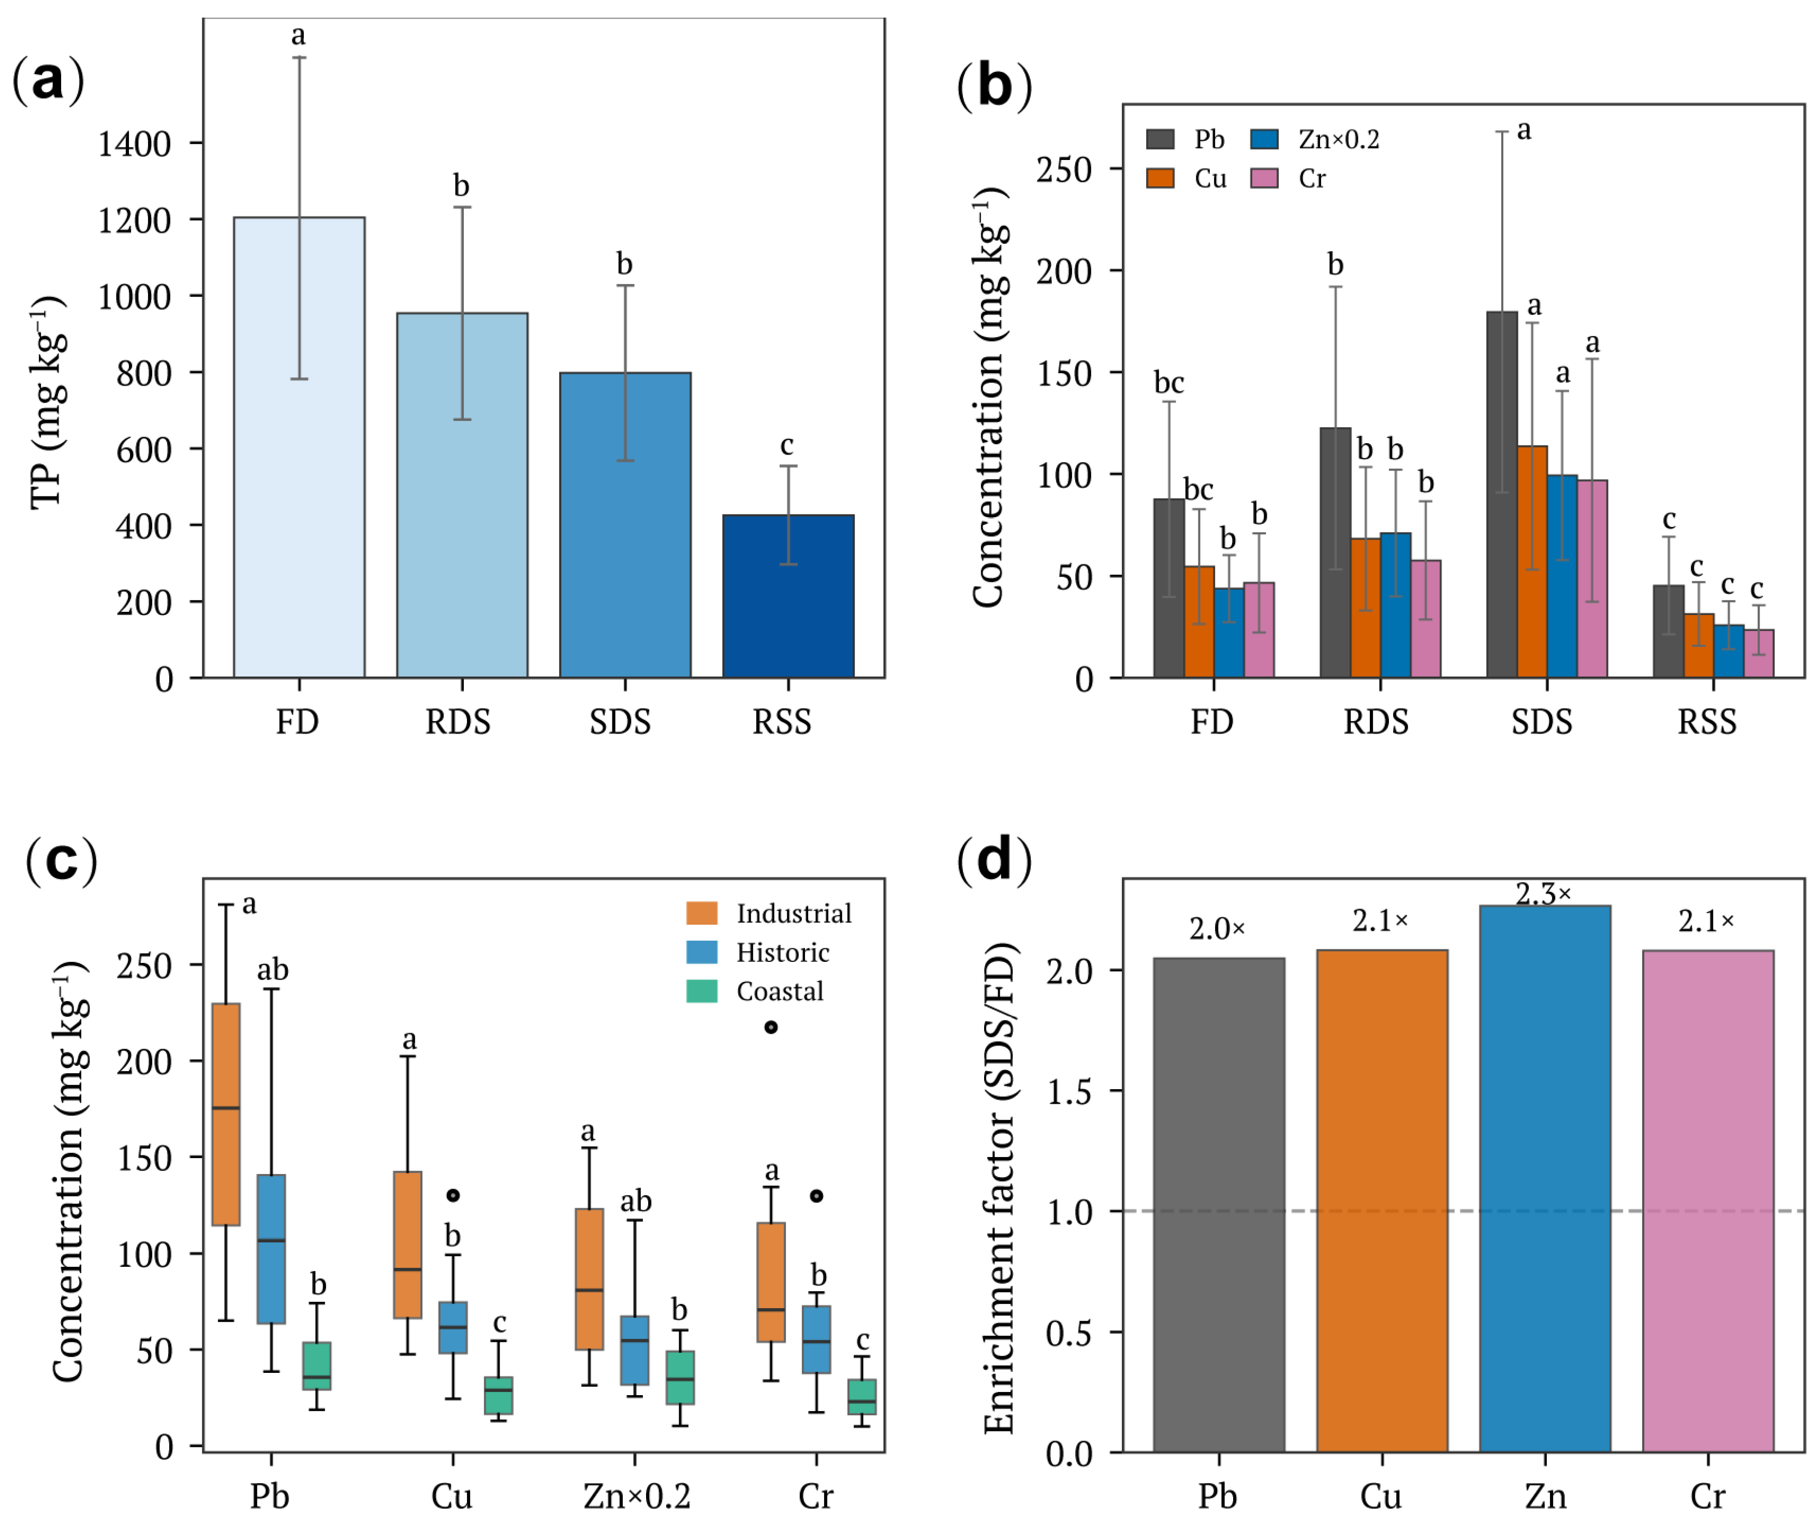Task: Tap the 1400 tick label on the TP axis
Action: click(x=134, y=143)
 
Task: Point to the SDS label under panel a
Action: click(x=620, y=722)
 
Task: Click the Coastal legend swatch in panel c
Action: click(x=702, y=990)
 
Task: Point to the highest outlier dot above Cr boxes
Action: click(x=771, y=1027)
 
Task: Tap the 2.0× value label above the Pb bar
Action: click(x=1217, y=929)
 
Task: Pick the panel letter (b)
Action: click(x=994, y=86)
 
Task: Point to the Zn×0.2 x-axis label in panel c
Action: click(x=637, y=1496)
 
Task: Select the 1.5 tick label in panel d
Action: click(x=1069, y=1092)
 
